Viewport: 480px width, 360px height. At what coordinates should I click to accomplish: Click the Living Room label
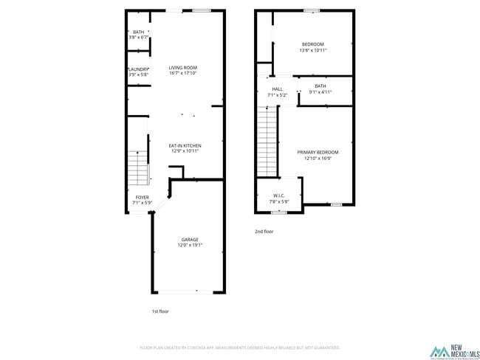click(x=183, y=67)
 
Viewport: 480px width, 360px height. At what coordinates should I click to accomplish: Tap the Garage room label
click(x=190, y=239)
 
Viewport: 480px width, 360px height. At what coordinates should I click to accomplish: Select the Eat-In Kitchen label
click(x=185, y=145)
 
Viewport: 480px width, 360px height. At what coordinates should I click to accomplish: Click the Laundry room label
click(x=139, y=69)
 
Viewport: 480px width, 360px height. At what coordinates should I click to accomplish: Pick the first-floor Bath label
click(x=139, y=32)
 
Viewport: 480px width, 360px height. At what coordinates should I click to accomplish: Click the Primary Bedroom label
click(x=318, y=152)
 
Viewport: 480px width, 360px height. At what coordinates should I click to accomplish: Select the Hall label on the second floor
click(x=277, y=89)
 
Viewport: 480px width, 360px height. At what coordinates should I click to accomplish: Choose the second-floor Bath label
click(x=320, y=86)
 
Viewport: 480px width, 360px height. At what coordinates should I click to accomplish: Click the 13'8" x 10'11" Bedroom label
click(x=312, y=44)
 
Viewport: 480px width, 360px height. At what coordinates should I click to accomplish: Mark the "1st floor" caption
click(x=160, y=311)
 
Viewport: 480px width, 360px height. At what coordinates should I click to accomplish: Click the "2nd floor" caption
click(x=264, y=232)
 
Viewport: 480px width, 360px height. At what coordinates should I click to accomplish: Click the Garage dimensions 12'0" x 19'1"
click(x=190, y=245)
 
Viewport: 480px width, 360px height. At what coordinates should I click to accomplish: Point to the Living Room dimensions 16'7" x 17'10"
click(x=183, y=73)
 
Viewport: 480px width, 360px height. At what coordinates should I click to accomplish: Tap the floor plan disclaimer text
click(x=240, y=347)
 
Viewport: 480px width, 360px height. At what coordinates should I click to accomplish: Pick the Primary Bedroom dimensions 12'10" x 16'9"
click(x=318, y=158)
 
